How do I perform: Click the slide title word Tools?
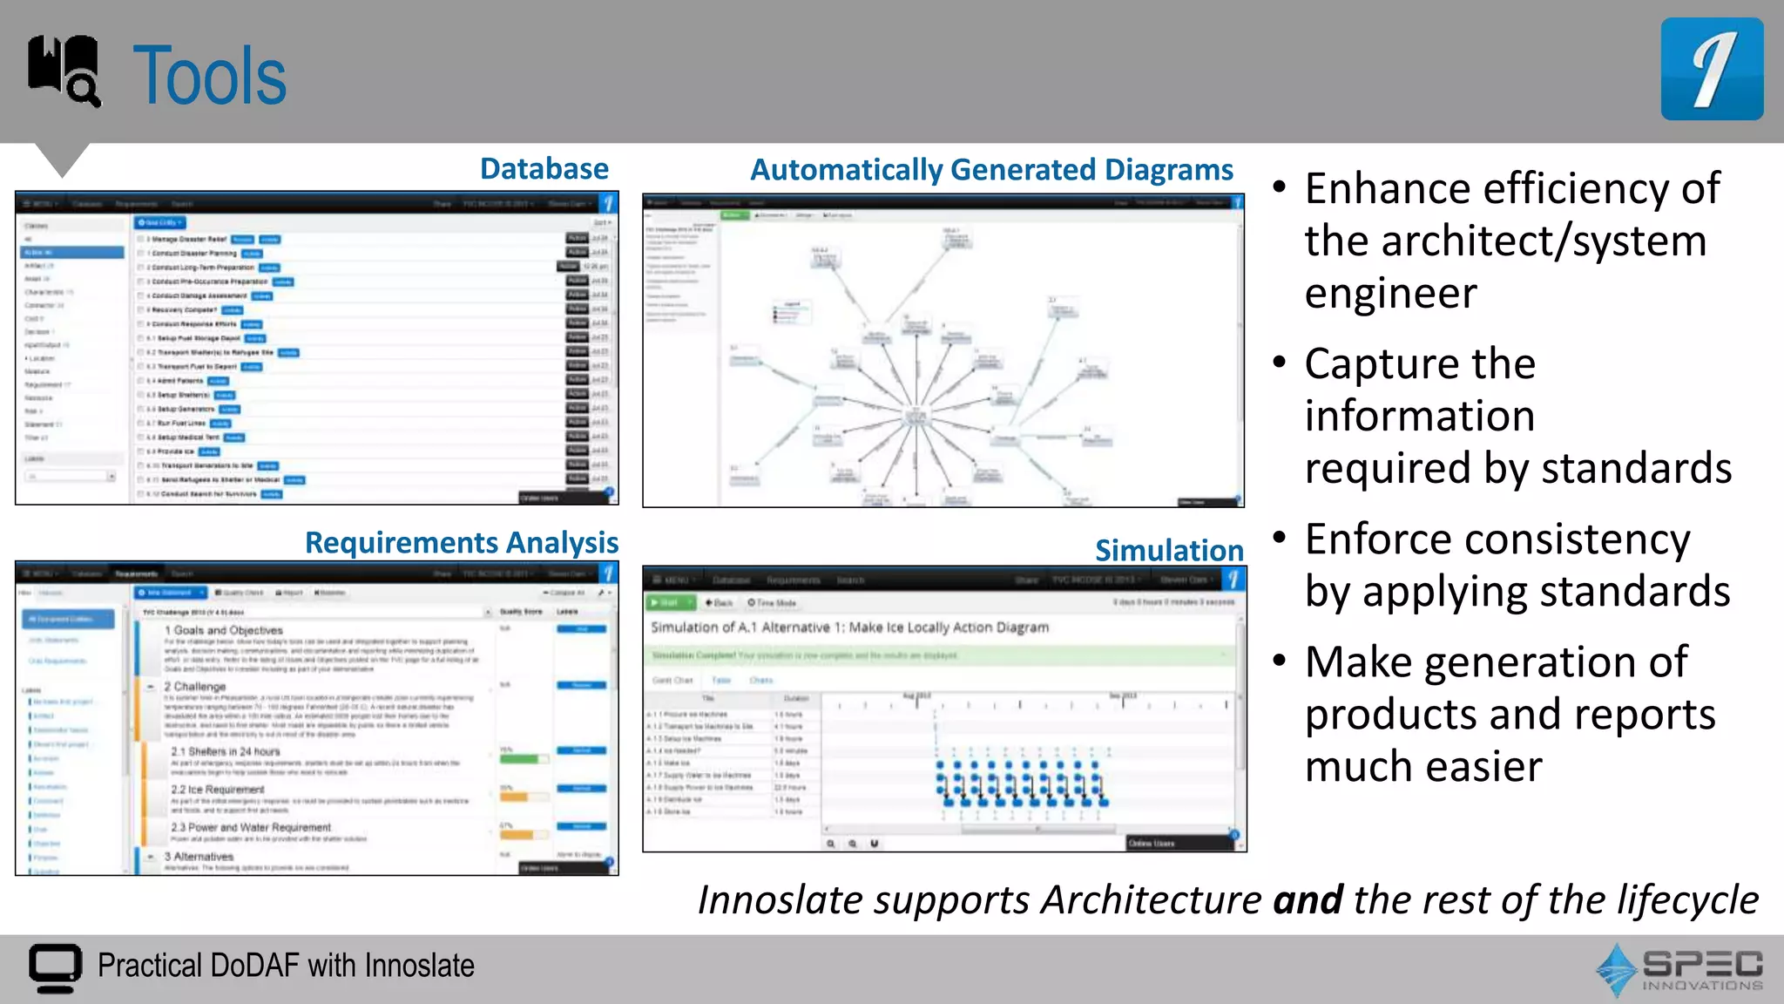pyautogui.click(x=209, y=77)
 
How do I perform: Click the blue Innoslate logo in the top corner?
pyautogui.click(x=1712, y=69)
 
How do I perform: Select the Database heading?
pyautogui.click(x=544, y=169)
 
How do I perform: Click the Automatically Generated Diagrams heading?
pyautogui.click(x=991, y=170)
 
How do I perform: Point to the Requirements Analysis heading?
pyautogui.click(x=461, y=543)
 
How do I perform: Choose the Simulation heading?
pyautogui.click(x=1168, y=551)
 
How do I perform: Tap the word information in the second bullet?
pyautogui.click(x=1419, y=416)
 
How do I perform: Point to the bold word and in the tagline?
pyautogui.click(x=1307, y=900)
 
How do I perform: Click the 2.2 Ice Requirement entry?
pyautogui.click(x=217, y=789)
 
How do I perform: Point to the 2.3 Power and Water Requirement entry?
pyautogui.click(x=251, y=827)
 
